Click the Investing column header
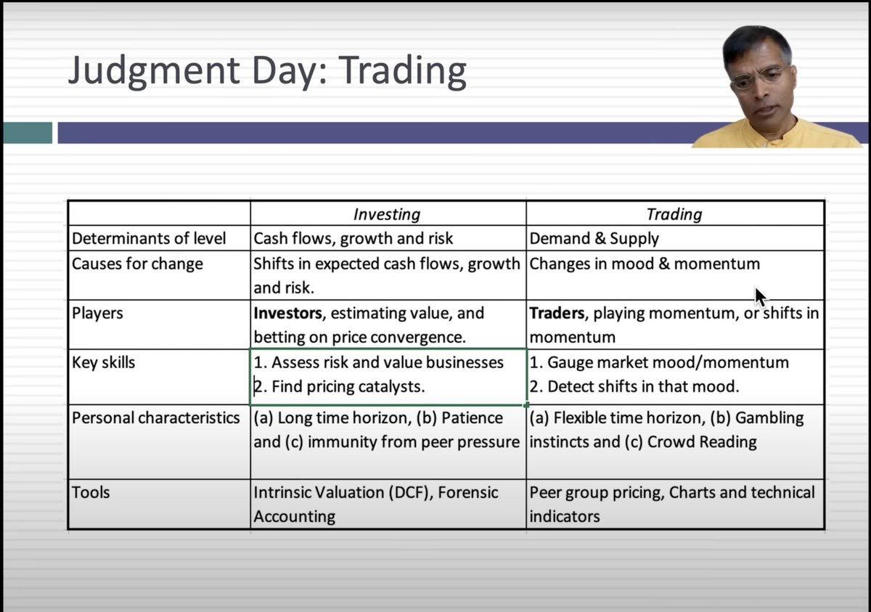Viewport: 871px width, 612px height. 386,214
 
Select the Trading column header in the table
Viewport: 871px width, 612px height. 674,214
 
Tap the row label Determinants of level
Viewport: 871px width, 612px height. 149,239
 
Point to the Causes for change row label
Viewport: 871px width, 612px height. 136,264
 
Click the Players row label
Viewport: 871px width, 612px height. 97,314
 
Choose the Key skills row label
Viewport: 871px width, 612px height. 103,362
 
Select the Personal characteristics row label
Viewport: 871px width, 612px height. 155,418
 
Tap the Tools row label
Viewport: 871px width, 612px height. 91,492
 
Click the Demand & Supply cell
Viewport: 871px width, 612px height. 594,239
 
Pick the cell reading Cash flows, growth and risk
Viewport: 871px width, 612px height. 353,239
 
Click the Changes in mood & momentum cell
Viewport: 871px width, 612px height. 645,264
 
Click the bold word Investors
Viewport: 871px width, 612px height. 288,314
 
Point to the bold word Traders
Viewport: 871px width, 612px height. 557,314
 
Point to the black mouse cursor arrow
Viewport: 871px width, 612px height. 759,297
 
